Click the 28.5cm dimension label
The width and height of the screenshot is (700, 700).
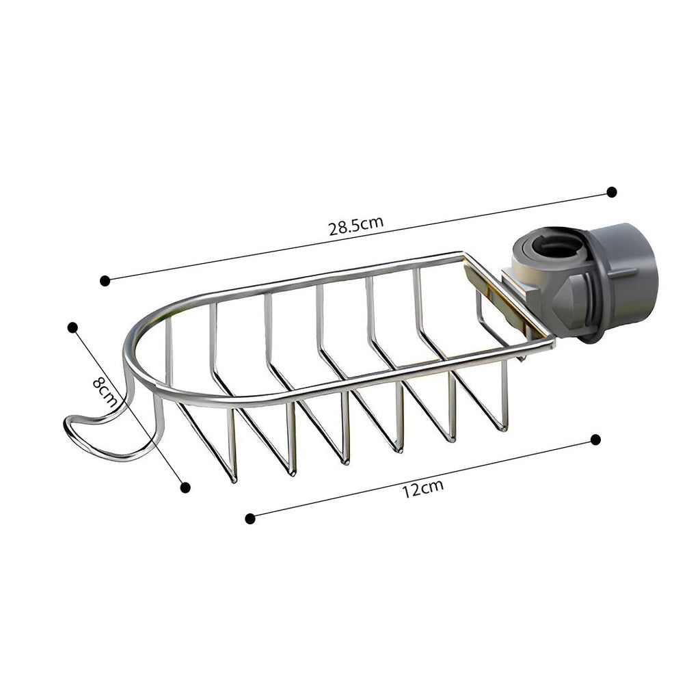[355, 226]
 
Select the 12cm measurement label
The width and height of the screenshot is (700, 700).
[422, 489]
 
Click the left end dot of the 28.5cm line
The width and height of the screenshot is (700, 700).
[105, 280]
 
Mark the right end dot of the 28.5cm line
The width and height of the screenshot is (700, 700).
[611, 192]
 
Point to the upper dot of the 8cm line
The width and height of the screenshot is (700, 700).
[73, 327]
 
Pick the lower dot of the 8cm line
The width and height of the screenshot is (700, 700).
[185, 487]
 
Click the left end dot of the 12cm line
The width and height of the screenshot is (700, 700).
[250, 518]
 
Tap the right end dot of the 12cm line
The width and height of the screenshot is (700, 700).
[595, 439]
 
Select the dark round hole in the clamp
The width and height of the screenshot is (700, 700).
[559, 248]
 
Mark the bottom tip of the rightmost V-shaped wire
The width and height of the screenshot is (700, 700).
[503, 428]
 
